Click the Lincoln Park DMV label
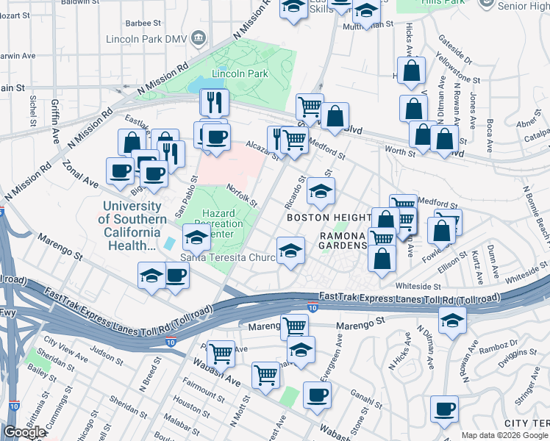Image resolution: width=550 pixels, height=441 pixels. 146,38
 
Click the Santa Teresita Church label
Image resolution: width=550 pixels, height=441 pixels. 228,258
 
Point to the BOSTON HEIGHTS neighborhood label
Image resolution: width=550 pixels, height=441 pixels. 328,218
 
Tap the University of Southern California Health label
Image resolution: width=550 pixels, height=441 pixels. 132,226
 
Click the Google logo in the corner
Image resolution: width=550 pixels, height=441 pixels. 24,432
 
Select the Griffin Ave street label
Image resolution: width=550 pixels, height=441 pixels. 55,123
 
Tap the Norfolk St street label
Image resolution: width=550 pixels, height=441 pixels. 242,195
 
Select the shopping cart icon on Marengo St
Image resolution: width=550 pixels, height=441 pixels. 294,326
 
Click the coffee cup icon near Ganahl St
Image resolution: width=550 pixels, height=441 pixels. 317,395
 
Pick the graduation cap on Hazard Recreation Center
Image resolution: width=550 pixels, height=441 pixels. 196,237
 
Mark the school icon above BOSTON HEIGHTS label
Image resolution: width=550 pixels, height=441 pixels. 320,191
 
